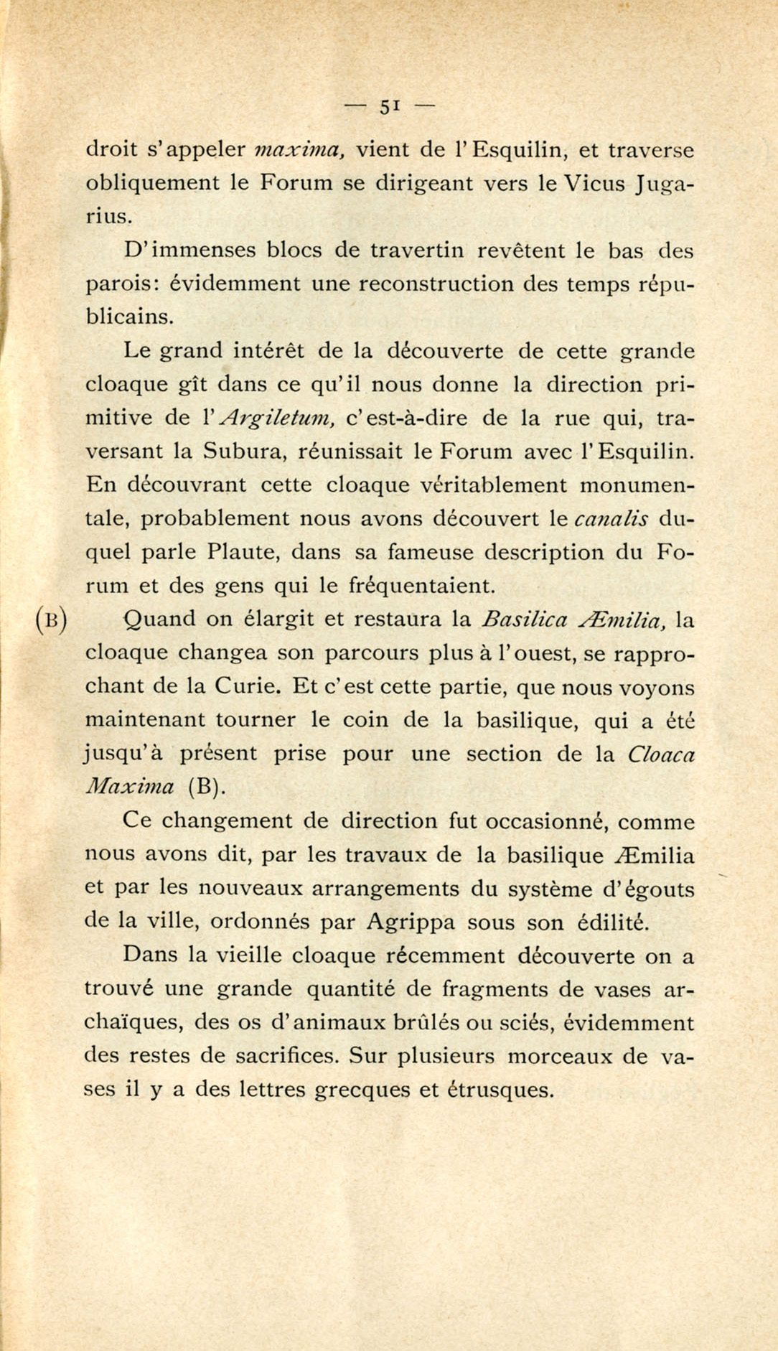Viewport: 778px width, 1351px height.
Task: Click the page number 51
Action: pos(388,106)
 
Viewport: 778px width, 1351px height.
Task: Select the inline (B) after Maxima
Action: pos(207,787)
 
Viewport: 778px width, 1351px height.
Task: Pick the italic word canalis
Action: pos(611,519)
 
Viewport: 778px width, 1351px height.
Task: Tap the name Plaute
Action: pos(240,553)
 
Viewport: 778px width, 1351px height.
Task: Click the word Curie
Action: pos(245,686)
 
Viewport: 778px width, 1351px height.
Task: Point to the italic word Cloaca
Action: pos(661,754)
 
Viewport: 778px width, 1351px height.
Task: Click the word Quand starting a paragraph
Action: pos(159,620)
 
